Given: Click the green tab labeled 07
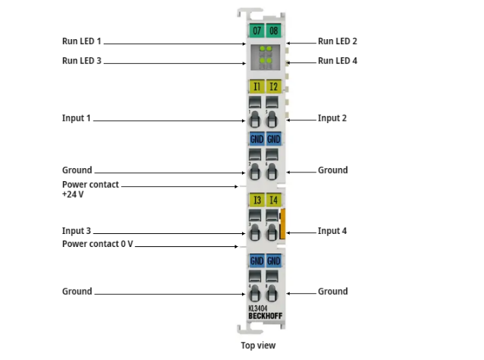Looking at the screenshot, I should click(x=256, y=31).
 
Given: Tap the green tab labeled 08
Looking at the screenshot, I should click(x=273, y=31).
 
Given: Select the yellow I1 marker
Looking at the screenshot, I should click(x=256, y=87).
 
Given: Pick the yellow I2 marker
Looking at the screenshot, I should click(x=273, y=87).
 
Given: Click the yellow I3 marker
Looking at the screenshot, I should click(x=256, y=200).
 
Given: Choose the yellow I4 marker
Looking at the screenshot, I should click(x=273, y=200).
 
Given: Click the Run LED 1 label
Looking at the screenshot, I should click(x=83, y=43).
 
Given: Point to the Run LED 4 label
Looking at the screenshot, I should click(x=338, y=62).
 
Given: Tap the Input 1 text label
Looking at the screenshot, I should click(x=77, y=118).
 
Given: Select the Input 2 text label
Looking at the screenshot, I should click(x=333, y=118).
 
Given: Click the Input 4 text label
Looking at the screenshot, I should click(x=333, y=231).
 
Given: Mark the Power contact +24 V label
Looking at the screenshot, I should click(x=91, y=190).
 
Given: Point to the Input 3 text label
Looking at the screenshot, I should click(x=77, y=231).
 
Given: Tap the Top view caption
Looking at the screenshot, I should click(x=258, y=346).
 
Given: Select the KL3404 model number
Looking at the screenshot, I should click(x=258, y=308).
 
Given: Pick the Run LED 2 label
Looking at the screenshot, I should click(x=338, y=43).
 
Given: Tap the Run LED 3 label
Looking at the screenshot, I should click(x=83, y=62).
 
